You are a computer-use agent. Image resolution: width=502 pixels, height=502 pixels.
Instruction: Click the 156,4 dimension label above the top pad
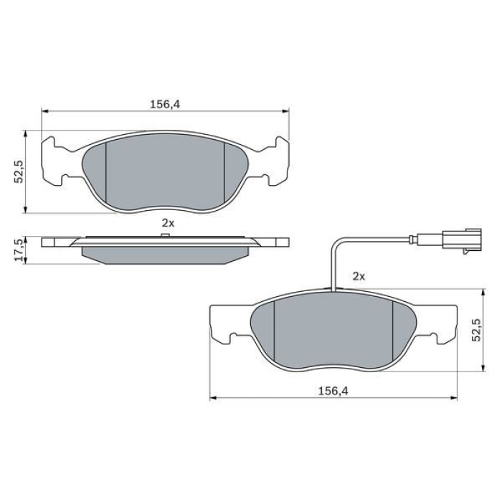[x=164, y=104]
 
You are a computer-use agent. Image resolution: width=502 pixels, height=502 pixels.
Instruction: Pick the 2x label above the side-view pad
[x=167, y=223]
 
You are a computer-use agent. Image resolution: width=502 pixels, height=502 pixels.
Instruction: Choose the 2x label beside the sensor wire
[x=359, y=275]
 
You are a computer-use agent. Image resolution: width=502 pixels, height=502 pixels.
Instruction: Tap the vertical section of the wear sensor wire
[x=334, y=265]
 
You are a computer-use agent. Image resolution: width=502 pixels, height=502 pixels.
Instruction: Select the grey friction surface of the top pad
[x=165, y=172]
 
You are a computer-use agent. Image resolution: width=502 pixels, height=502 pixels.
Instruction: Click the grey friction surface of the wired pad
[x=333, y=330]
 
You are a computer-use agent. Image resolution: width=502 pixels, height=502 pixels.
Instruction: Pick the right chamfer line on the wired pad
[x=392, y=330]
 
